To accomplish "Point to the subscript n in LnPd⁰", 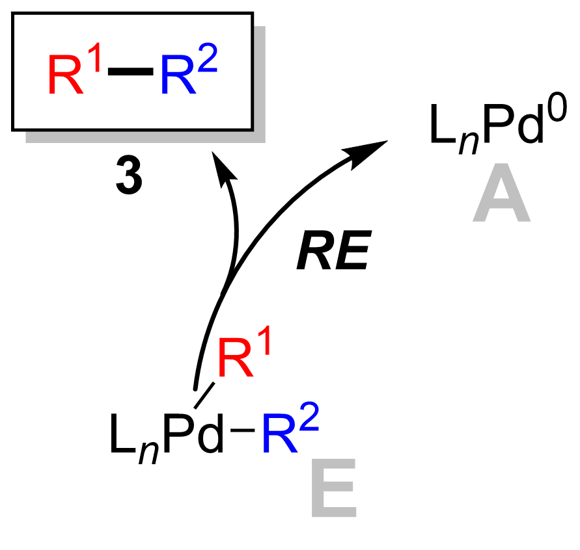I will tap(464, 140).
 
